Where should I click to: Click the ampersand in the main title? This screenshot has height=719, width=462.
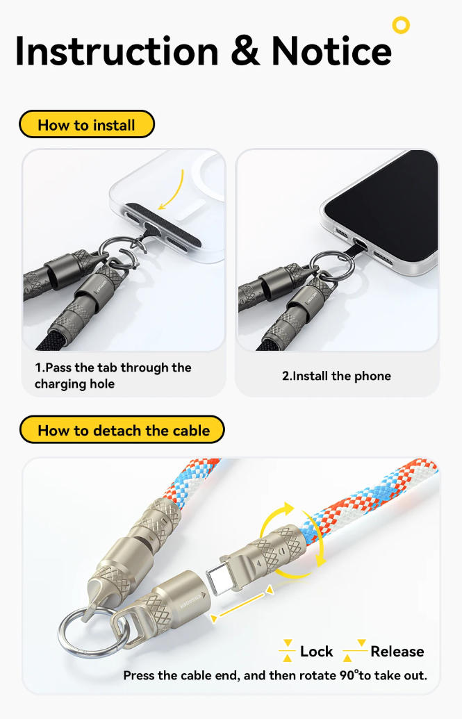(245, 51)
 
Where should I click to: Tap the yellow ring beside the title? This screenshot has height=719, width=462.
(401, 26)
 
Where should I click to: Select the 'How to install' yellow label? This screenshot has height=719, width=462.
(86, 125)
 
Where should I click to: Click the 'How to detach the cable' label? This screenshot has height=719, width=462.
(123, 431)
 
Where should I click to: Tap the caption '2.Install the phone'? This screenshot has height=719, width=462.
(336, 376)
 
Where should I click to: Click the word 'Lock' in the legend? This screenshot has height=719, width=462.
(317, 652)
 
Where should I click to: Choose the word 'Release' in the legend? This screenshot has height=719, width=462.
(397, 652)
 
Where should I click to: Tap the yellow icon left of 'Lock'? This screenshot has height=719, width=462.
(287, 652)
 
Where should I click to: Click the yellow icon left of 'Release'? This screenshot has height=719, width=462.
(355, 652)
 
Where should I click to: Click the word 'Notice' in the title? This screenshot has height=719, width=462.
(331, 51)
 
